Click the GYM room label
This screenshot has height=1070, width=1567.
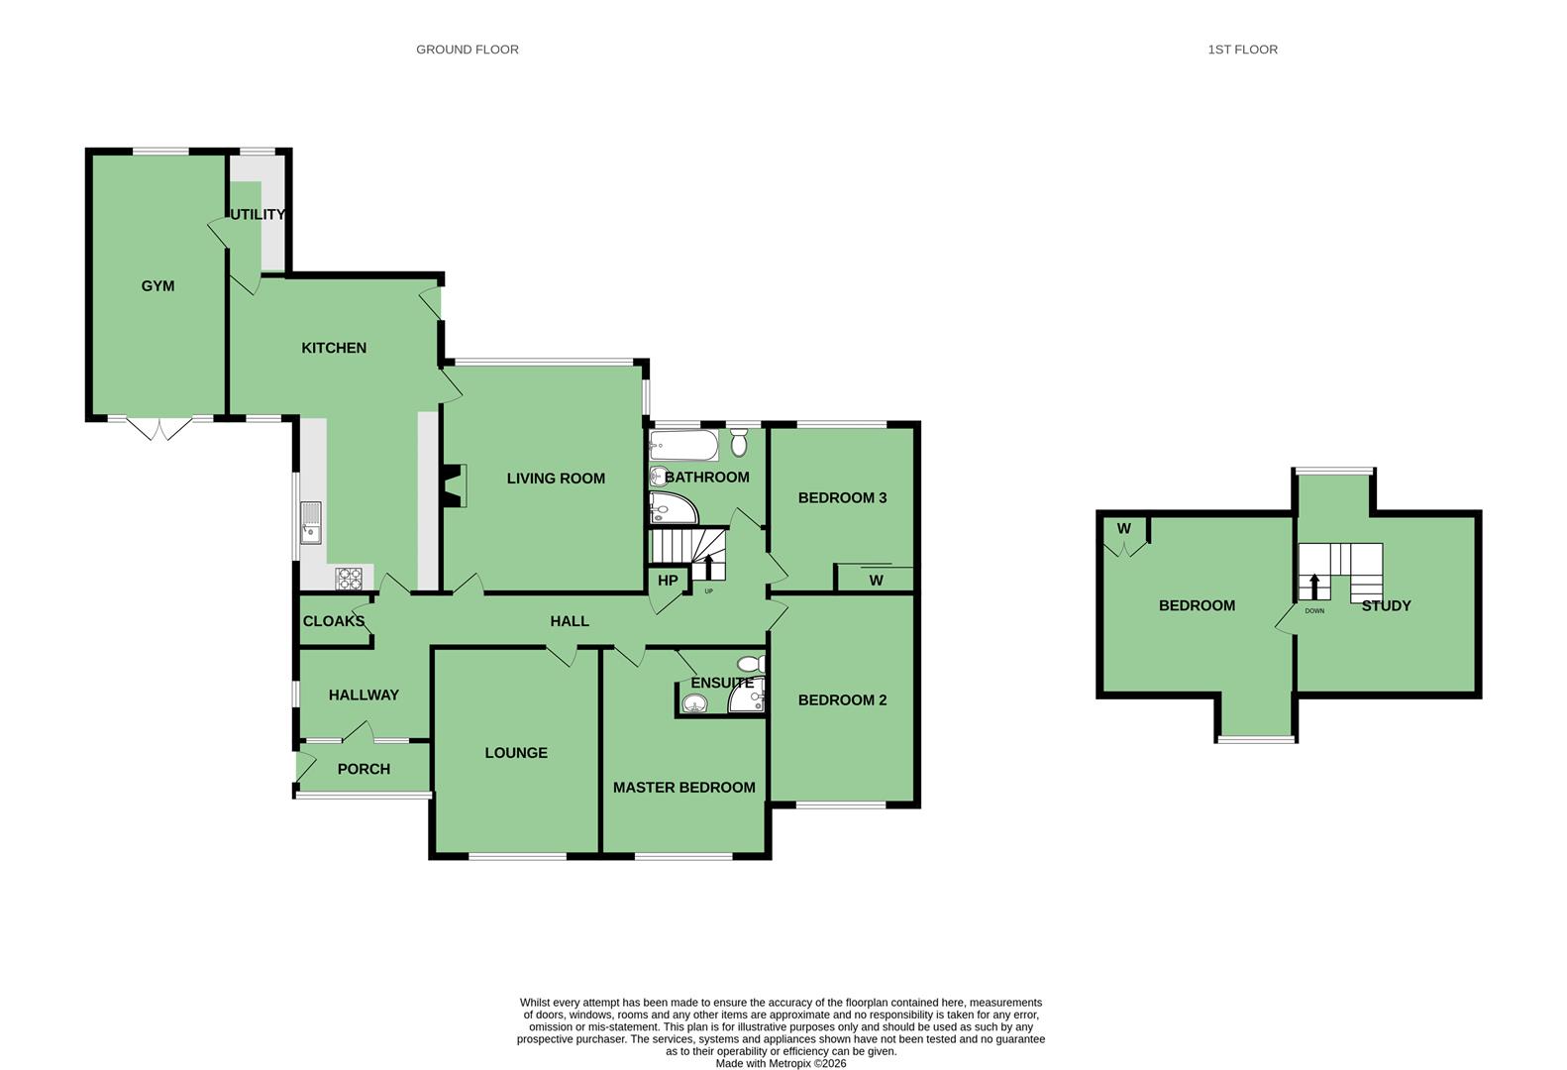point(157,285)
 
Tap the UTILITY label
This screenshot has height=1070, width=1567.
point(258,214)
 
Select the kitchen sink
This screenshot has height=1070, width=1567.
point(311,522)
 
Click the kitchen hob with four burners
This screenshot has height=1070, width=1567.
point(349,578)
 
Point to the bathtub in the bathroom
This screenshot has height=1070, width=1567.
point(683,445)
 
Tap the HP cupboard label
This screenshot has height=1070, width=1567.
point(668,581)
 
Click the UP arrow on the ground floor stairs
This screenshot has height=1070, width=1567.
point(708,567)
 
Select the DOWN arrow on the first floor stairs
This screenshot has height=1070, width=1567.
point(1314,587)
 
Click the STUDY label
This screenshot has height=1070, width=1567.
point(1386,605)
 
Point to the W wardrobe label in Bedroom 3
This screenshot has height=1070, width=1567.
point(876,581)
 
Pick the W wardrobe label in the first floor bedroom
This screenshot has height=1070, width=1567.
point(1124,528)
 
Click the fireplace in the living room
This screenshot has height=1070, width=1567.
point(455,484)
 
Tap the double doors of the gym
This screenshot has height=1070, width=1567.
point(159,428)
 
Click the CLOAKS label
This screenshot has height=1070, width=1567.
point(334,621)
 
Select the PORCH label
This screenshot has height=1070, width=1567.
point(364,769)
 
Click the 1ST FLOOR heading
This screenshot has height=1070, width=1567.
point(1242,49)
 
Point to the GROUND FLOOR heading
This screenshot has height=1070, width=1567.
point(468,49)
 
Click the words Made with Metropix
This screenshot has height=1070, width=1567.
point(761,1063)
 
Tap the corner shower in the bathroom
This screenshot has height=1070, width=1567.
point(673,508)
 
